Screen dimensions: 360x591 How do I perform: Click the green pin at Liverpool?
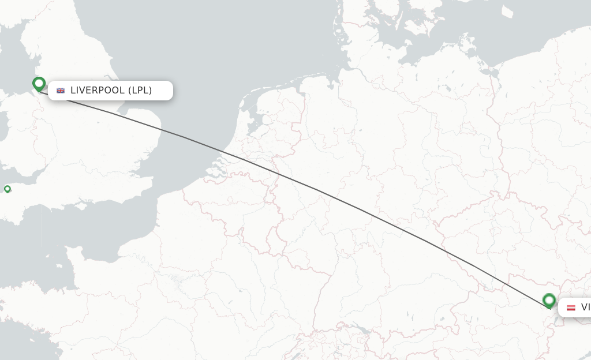click(39, 84)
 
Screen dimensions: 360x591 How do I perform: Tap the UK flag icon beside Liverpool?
click(61, 91)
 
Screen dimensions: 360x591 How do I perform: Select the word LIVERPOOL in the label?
click(97, 90)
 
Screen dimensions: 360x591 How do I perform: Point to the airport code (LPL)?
click(140, 90)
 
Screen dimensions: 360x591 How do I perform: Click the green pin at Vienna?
click(549, 301)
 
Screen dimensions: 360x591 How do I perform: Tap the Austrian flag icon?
click(571, 307)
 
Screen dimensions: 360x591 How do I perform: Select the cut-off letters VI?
click(585, 307)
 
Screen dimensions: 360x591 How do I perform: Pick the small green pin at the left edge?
click(8, 189)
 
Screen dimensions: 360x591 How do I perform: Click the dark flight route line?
click(315, 189)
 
